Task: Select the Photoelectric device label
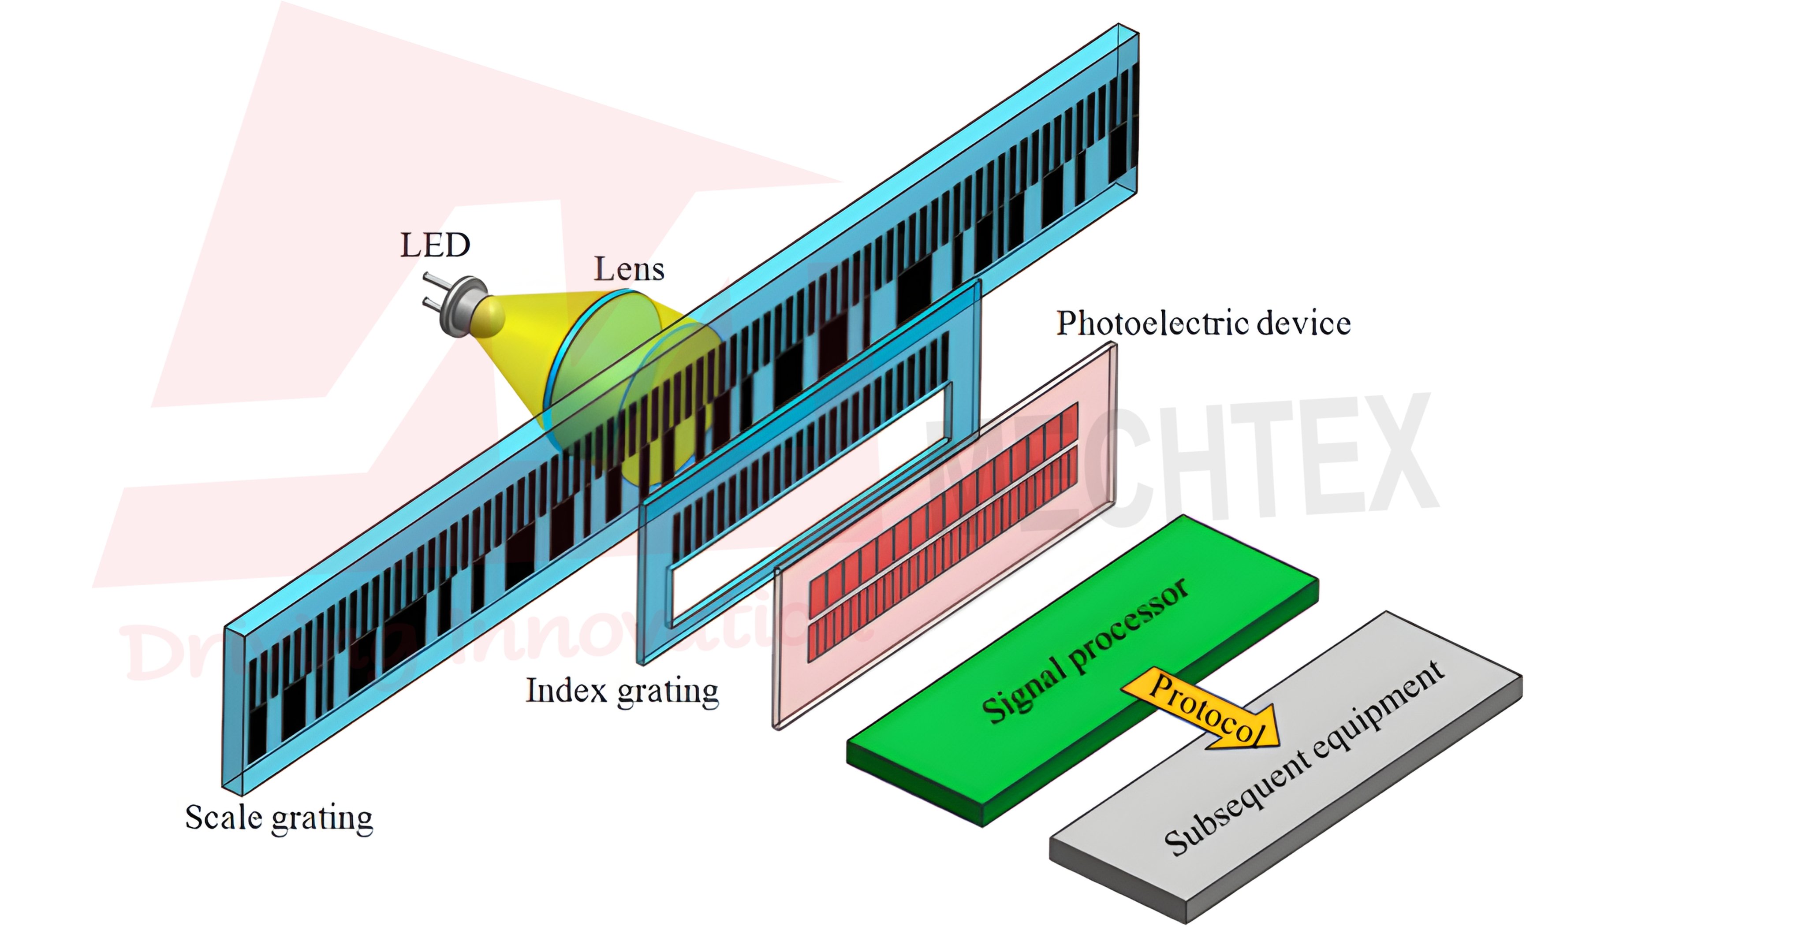point(1203,324)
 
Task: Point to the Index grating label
point(622,691)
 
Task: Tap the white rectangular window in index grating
point(806,505)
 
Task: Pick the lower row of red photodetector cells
point(943,554)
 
